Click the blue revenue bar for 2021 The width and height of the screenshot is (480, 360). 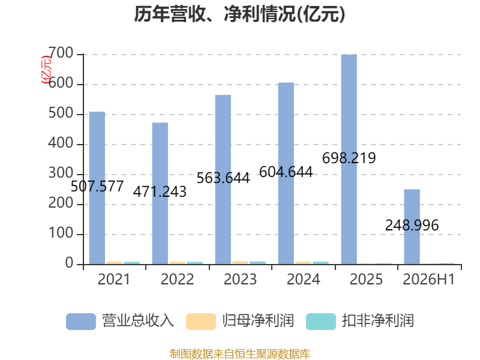coord(97,188)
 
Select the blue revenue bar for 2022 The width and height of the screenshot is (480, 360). coord(160,193)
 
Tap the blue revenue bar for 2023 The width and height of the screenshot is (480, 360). coord(223,179)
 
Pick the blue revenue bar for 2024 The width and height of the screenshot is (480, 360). coord(286,173)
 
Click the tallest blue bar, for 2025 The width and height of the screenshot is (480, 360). coord(349,160)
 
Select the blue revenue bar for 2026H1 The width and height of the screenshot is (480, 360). coord(412,227)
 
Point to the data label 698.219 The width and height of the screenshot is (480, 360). coord(349,158)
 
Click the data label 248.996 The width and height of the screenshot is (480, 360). coord(412,226)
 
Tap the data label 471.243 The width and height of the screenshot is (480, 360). coord(160,192)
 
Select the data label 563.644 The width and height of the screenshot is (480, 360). coord(223,178)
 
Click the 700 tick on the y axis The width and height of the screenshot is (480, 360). coord(61,53)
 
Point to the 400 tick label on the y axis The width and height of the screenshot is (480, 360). coord(61,143)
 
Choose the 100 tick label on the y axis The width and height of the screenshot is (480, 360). coord(61,233)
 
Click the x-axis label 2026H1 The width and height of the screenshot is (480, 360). coord(429,280)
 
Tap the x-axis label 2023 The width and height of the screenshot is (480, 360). coord(240,280)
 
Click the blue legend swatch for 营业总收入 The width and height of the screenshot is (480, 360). coord(81,322)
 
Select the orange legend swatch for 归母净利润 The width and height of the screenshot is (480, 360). coord(201,322)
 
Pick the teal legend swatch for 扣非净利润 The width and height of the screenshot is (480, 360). coord(321,322)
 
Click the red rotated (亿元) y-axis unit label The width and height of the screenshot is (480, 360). coord(46,70)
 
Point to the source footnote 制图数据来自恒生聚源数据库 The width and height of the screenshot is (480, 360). coord(240,354)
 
